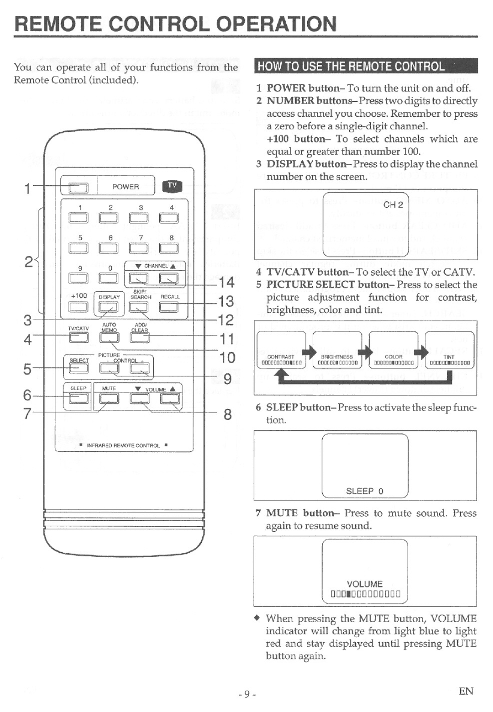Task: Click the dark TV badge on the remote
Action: tap(172, 186)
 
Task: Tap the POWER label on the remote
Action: tap(126, 187)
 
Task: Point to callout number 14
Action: tap(226, 283)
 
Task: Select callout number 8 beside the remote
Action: tap(227, 414)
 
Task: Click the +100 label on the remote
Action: tap(79, 296)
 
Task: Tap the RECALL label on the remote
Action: tap(170, 297)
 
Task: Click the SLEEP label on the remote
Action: tap(78, 388)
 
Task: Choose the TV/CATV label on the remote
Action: tap(78, 328)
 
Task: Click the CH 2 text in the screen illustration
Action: tap(393, 204)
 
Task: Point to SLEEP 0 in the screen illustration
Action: tap(365, 491)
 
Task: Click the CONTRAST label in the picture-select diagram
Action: tap(281, 357)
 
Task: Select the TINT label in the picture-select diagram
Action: tap(449, 357)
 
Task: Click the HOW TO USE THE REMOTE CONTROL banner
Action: tap(365, 66)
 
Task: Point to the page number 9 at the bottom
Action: tap(246, 694)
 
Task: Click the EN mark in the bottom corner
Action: tap(466, 691)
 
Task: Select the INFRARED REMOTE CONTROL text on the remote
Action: tap(123, 445)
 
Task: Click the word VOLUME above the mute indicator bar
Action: tap(365, 584)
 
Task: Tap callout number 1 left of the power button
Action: tap(28, 188)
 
